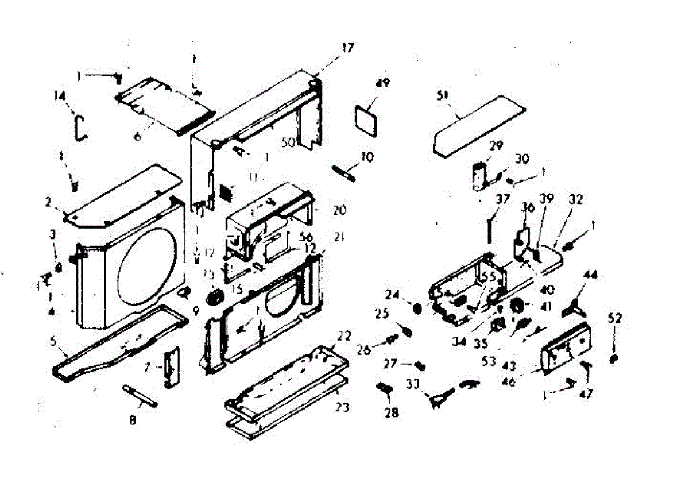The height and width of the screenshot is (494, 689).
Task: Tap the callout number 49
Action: (x=383, y=83)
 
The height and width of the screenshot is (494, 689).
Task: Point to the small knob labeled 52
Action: (x=614, y=358)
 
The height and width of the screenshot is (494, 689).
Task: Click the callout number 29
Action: (x=496, y=146)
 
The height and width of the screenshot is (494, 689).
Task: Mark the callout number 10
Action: (x=367, y=156)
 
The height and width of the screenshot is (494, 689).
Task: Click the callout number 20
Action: (x=339, y=211)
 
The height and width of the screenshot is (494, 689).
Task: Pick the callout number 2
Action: (x=48, y=202)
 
